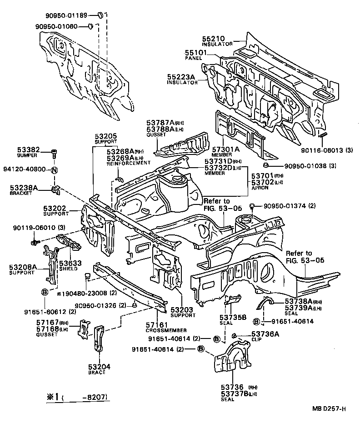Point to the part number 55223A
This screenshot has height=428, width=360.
(x=180, y=78)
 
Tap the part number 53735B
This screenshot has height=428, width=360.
(x=232, y=318)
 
